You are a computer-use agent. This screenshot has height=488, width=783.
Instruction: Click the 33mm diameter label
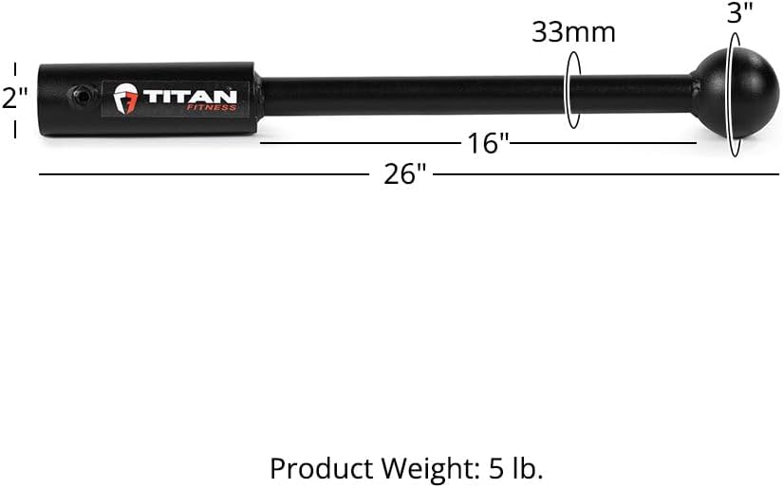[573, 32]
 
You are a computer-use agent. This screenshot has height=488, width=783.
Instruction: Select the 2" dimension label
[13, 98]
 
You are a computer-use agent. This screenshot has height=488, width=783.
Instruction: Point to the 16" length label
[489, 144]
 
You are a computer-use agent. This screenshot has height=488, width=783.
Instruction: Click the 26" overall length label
[405, 175]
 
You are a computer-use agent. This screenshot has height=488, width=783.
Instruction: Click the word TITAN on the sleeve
[190, 97]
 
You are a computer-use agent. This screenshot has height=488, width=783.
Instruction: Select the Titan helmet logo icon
[125, 99]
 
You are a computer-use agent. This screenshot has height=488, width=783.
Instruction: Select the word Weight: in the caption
[419, 468]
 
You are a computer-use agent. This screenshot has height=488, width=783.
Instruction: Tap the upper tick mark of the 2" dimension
[15, 68]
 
